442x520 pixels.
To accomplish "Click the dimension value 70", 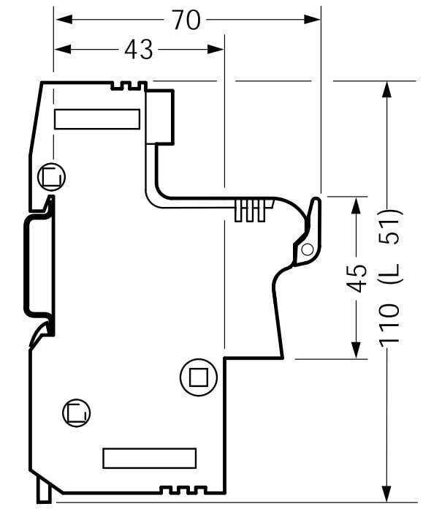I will coord(186,20).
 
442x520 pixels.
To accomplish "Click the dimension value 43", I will coord(138,49).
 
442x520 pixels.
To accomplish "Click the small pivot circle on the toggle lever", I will coord(307,250).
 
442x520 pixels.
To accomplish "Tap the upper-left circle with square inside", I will coord(50,176).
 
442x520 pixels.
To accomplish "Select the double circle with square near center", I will coord(197,377).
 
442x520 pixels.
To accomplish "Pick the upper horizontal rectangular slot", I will coord(98,119).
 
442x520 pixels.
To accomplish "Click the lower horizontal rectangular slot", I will coord(150,459).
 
